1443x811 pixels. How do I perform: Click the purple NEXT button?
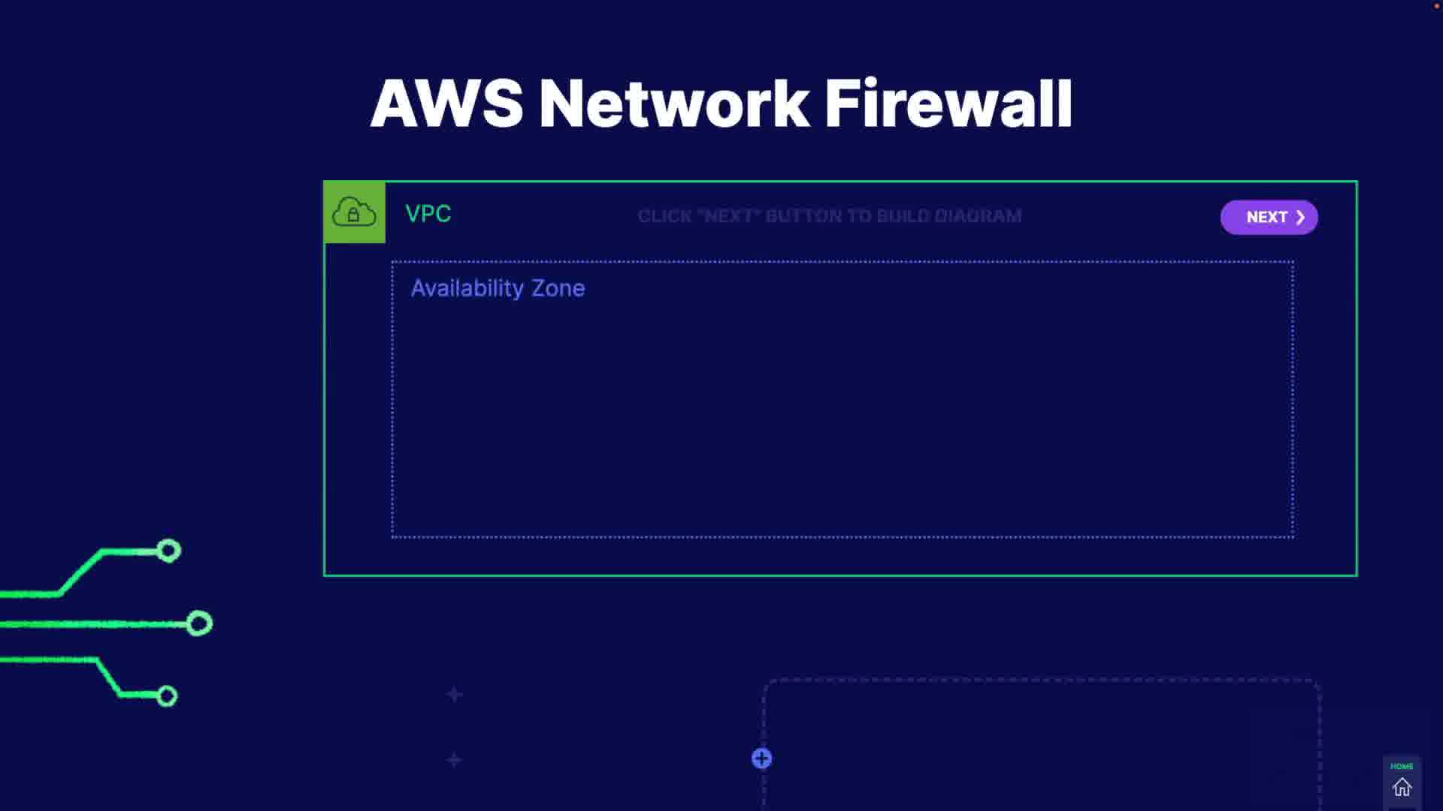tap(1269, 217)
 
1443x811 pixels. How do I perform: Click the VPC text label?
tap(428, 214)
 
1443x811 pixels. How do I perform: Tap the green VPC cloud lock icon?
tap(354, 213)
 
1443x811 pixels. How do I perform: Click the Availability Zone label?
tap(498, 288)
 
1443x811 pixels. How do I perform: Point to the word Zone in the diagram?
tap(558, 288)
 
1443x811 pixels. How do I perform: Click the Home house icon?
tap(1402, 788)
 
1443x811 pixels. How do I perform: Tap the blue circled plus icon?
tap(761, 758)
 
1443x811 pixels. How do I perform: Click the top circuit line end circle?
tap(169, 551)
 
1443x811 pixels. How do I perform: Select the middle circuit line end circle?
tap(199, 623)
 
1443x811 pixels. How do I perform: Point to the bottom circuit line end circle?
tap(167, 696)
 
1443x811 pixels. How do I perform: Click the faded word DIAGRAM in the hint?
tap(978, 216)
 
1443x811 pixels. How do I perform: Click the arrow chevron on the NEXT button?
tap(1300, 217)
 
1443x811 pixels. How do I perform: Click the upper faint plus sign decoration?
tap(455, 695)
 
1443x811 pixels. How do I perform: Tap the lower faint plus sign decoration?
tap(454, 760)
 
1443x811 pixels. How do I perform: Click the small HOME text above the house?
tap(1402, 767)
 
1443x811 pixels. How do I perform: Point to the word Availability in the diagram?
tap(467, 288)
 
